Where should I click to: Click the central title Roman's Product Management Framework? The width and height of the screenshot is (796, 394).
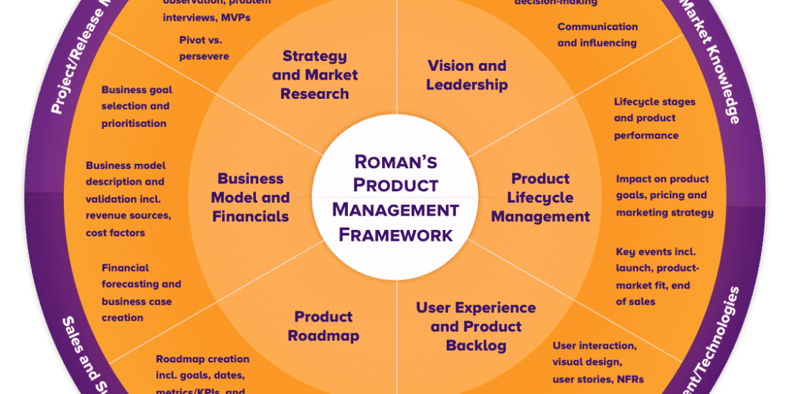(x=395, y=196)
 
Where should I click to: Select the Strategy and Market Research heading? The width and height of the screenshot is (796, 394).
(x=315, y=75)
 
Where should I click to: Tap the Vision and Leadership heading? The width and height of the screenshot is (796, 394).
(x=467, y=75)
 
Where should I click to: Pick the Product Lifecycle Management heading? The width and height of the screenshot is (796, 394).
(x=541, y=197)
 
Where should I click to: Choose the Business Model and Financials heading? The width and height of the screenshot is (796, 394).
(x=250, y=197)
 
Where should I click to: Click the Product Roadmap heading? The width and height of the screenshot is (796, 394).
(x=323, y=326)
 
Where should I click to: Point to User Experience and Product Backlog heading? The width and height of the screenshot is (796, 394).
(x=475, y=326)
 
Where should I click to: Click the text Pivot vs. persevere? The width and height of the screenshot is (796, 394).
(x=204, y=47)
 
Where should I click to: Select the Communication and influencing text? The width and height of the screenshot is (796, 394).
(x=597, y=34)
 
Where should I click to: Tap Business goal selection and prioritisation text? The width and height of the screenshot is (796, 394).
(x=136, y=106)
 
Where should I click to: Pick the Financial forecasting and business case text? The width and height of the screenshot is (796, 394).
(x=141, y=292)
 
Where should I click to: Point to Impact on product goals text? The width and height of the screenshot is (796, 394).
(x=664, y=195)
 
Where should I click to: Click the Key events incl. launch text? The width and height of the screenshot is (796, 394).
(x=657, y=276)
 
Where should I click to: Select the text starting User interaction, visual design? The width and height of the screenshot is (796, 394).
(x=597, y=362)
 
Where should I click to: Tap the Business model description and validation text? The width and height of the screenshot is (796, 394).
(x=128, y=199)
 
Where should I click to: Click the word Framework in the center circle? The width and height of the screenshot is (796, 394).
(x=395, y=234)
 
